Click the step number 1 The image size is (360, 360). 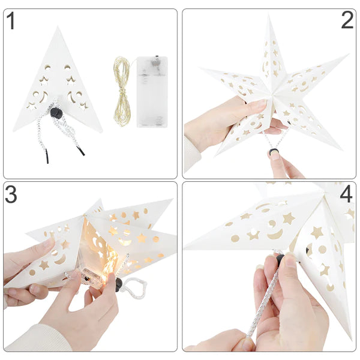coord(10,22)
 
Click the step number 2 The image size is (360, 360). coord(347,20)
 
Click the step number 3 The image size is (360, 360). coord(11,194)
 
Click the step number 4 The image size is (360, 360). coord(347,196)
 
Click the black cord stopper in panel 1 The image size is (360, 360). coord(56,113)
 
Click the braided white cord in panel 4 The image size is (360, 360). coord(264,300)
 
